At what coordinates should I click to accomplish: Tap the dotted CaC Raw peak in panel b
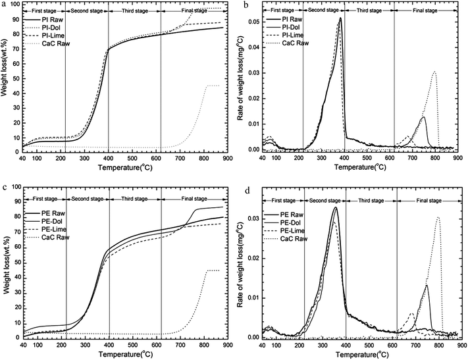(434, 72)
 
